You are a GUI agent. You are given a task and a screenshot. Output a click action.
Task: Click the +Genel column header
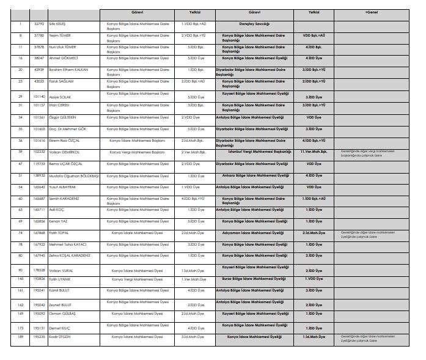[x=371, y=12]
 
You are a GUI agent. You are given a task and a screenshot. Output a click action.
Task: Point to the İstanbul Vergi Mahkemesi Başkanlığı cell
[x=254, y=152]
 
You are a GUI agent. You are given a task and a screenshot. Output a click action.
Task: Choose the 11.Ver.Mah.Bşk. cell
[x=314, y=152]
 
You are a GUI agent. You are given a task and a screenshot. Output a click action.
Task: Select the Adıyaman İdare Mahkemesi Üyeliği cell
[x=254, y=232]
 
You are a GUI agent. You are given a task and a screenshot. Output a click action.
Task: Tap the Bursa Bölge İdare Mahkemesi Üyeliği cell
[x=254, y=278]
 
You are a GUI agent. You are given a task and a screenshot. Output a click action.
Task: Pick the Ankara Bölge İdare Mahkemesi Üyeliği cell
[x=254, y=175]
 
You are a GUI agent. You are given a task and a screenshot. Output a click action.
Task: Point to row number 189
[x=20, y=336]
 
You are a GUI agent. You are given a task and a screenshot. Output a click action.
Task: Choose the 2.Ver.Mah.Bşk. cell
[x=191, y=152]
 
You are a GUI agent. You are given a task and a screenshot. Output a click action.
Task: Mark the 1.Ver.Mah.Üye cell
[x=191, y=278]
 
